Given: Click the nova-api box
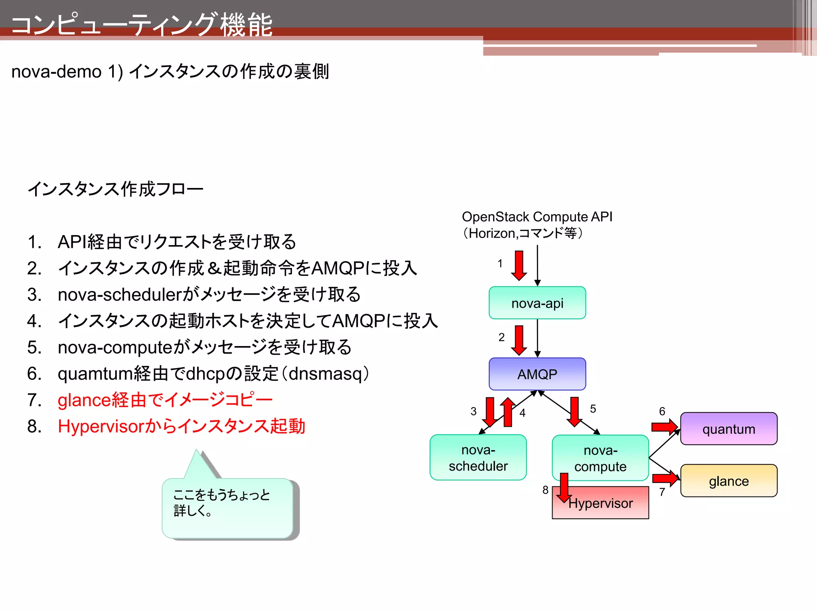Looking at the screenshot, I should pos(537,303).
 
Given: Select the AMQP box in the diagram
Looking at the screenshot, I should pos(537,374).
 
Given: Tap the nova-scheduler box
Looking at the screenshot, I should pos(478,457).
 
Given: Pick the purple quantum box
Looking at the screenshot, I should pos(728,429).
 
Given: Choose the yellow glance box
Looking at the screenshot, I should pos(728,481).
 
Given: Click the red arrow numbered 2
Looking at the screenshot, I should pos(519,340).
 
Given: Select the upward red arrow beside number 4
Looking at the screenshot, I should pos(508,412).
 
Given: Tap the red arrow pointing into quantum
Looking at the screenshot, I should pos(664,427).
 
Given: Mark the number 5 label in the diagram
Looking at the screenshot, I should pos(593,409).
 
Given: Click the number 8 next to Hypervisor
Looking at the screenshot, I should pos(545,490).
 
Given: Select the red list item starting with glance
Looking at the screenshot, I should pos(165,400).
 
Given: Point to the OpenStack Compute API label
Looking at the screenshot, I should pos(537,217).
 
